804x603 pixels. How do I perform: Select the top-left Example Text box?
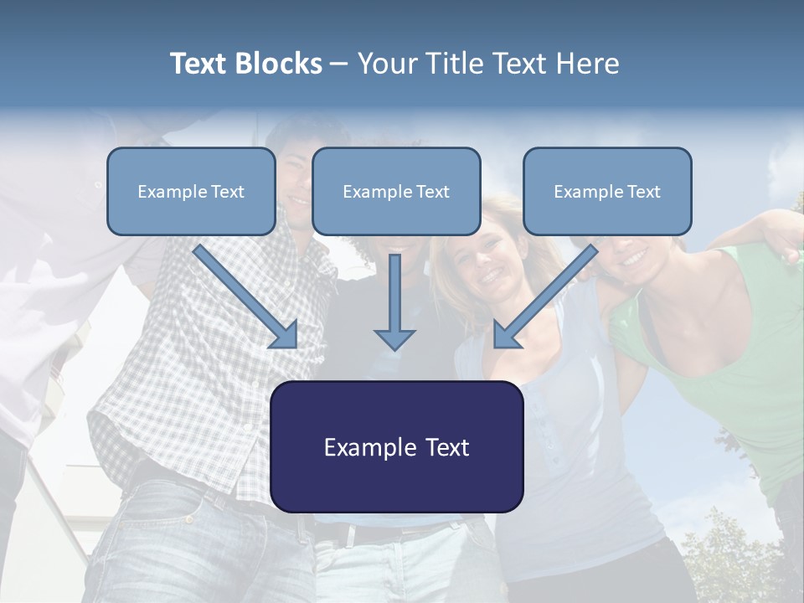(x=191, y=191)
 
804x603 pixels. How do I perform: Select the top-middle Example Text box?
(x=396, y=191)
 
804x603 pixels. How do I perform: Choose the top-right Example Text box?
(x=607, y=191)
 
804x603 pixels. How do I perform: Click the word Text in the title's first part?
(x=199, y=64)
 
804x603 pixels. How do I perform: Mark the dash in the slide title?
(x=339, y=64)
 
